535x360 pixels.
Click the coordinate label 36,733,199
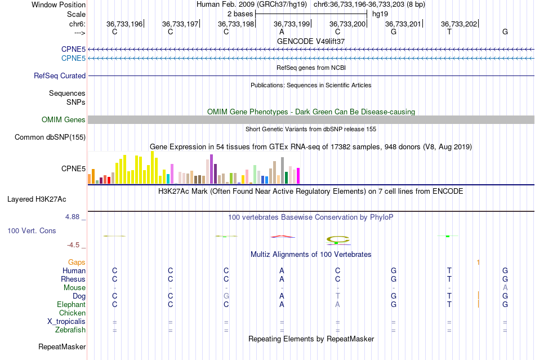tap(292, 24)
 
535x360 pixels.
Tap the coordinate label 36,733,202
tap(459, 24)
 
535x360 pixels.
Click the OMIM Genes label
tap(64, 119)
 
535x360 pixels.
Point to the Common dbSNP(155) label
tap(50, 137)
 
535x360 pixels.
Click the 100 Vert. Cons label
tap(32, 231)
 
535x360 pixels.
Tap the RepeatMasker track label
tap(62, 346)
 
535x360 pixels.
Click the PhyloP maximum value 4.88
tap(74, 217)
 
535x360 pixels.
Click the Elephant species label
tap(72, 304)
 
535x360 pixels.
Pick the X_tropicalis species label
tap(66, 321)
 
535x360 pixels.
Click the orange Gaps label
tap(77, 262)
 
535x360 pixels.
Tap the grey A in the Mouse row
tap(505, 287)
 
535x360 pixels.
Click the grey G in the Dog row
tap(226, 296)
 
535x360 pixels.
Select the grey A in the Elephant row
tap(338, 304)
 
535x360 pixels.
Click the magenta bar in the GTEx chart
tap(298, 176)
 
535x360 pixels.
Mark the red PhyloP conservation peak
tap(282, 236)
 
